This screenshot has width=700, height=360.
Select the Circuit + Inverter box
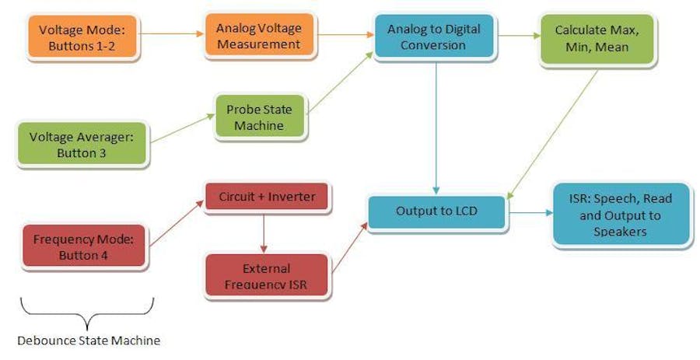[268, 197]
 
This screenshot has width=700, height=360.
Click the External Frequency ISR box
[266, 274]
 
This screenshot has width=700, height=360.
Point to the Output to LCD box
[437, 211]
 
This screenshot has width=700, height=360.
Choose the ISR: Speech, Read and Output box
[621, 215]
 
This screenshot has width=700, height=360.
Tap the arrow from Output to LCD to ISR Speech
[530, 211]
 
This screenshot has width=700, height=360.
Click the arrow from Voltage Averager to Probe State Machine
[180, 129]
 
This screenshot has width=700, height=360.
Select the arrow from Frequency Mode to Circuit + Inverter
[176, 225]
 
